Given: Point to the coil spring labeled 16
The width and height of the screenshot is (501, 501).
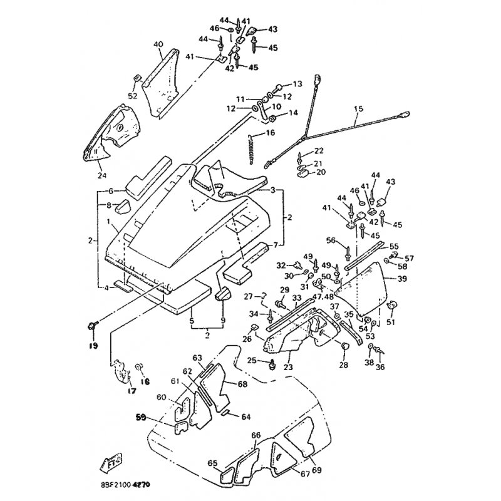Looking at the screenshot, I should (x=252, y=150).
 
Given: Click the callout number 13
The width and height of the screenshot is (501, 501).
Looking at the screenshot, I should (x=297, y=83).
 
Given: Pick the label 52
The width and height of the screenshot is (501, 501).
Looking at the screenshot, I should (x=132, y=96).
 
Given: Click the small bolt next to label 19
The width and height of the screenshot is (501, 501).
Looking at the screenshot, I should (x=93, y=324).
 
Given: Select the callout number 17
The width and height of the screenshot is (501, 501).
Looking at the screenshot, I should (x=131, y=391).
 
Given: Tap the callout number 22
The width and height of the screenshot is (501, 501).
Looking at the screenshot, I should (x=319, y=151).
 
